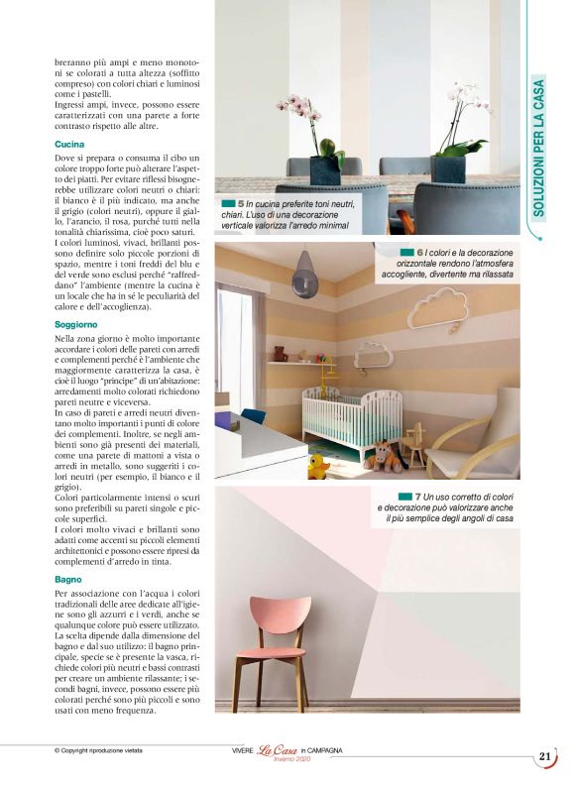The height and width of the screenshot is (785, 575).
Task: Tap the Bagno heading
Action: click(x=68, y=577)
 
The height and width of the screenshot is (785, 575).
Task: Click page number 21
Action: click(x=544, y=756)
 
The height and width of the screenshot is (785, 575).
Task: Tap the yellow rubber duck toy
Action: click(x=318, y=467)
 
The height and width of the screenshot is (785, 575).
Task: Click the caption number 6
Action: click(x=420, y=253)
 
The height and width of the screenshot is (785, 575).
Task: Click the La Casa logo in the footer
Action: click(x=279, y=751)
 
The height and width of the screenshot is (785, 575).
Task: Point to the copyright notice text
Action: click(x=98, y=750)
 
